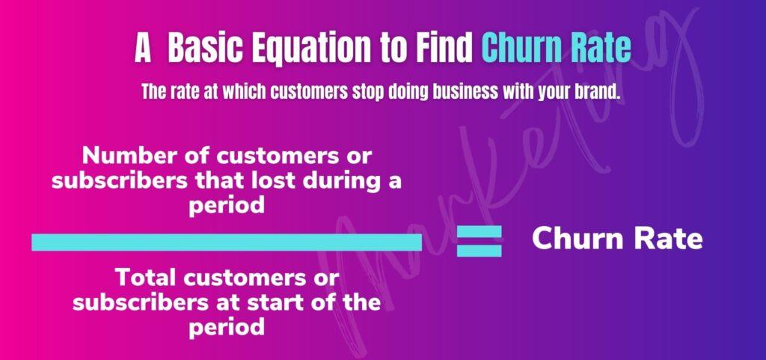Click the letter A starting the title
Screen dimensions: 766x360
click(x=143, y=48)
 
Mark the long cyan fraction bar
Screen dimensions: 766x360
click(x=227, y=242)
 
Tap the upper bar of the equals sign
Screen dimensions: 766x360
click(x=479, y=231)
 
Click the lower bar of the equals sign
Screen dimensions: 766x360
click(x=479, y=250)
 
